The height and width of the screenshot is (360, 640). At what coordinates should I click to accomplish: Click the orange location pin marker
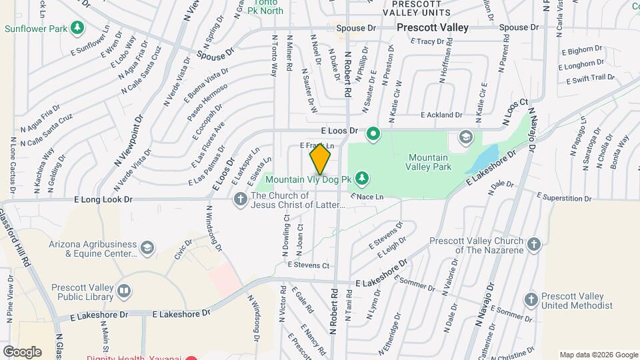pyautogui.click(x=320, y=159)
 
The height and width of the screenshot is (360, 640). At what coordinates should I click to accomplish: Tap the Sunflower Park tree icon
pyautogui.click(x=79, y=27)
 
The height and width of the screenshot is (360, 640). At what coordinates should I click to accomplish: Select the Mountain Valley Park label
pyautogui.click(x=430, y=162)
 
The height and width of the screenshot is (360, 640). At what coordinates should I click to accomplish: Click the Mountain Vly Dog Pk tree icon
pyautogui.click(x=362, y=178)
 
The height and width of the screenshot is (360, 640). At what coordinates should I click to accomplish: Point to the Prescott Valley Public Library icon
pyautogui.click(x=123, y=291)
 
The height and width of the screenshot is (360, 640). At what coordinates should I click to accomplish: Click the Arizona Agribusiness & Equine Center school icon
pyautogui.click(x=147, y=249)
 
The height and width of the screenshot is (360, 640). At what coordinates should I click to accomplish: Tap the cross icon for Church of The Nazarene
pyautogui.click(x=533, y=245)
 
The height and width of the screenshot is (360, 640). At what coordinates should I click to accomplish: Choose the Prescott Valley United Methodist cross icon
pyautogui.click(x=531, y=300)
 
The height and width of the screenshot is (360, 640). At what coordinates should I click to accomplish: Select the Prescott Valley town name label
pyautogui.click(x=432, y=28)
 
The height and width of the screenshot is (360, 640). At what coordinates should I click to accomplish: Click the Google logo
pyautogui.click(x=22, y=352)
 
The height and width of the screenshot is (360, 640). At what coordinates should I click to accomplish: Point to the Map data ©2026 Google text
pyautogui.click(x=597, y=355)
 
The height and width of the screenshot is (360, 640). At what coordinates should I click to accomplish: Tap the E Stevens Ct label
pyautogui.click(x=308, y=265)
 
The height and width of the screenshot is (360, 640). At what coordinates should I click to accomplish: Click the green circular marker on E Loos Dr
pyautogui.click(x=373, y=134)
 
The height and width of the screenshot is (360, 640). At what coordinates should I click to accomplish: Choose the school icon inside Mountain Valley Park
pyautogui.click(x=465, y=138)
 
